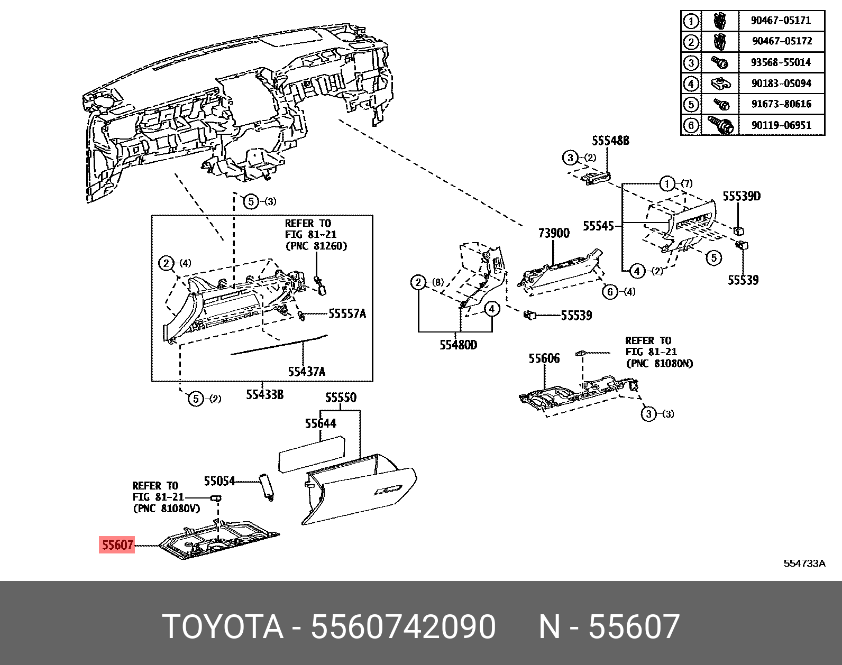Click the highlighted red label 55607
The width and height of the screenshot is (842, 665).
coord(117,544)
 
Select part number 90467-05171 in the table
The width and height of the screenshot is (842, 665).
coord(781,21)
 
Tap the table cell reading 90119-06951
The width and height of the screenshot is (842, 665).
coord(781,125)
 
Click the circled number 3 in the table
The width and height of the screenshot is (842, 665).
coord(691,63)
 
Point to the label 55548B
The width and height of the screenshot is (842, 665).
coord(610,141)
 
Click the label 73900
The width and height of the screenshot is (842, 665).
coord(554,233)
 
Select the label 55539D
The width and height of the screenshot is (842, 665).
coord(742,197)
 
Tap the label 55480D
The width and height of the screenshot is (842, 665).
coord(458,345)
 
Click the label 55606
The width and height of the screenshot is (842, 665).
coord(544,358)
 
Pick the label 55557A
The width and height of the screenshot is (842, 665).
coord(347,313)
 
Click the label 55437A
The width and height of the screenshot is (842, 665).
coord(306,372)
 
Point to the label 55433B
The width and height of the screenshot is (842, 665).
coord(264,394)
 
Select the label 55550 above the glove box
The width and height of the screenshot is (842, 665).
coord(341,398)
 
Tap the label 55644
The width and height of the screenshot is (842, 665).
coord(320,423)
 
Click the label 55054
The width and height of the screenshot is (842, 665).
coord(219,481)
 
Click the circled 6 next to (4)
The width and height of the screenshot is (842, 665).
coord(610,292)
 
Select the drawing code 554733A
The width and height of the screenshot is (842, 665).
coord(804,564)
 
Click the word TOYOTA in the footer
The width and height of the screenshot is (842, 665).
coord(223,627)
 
